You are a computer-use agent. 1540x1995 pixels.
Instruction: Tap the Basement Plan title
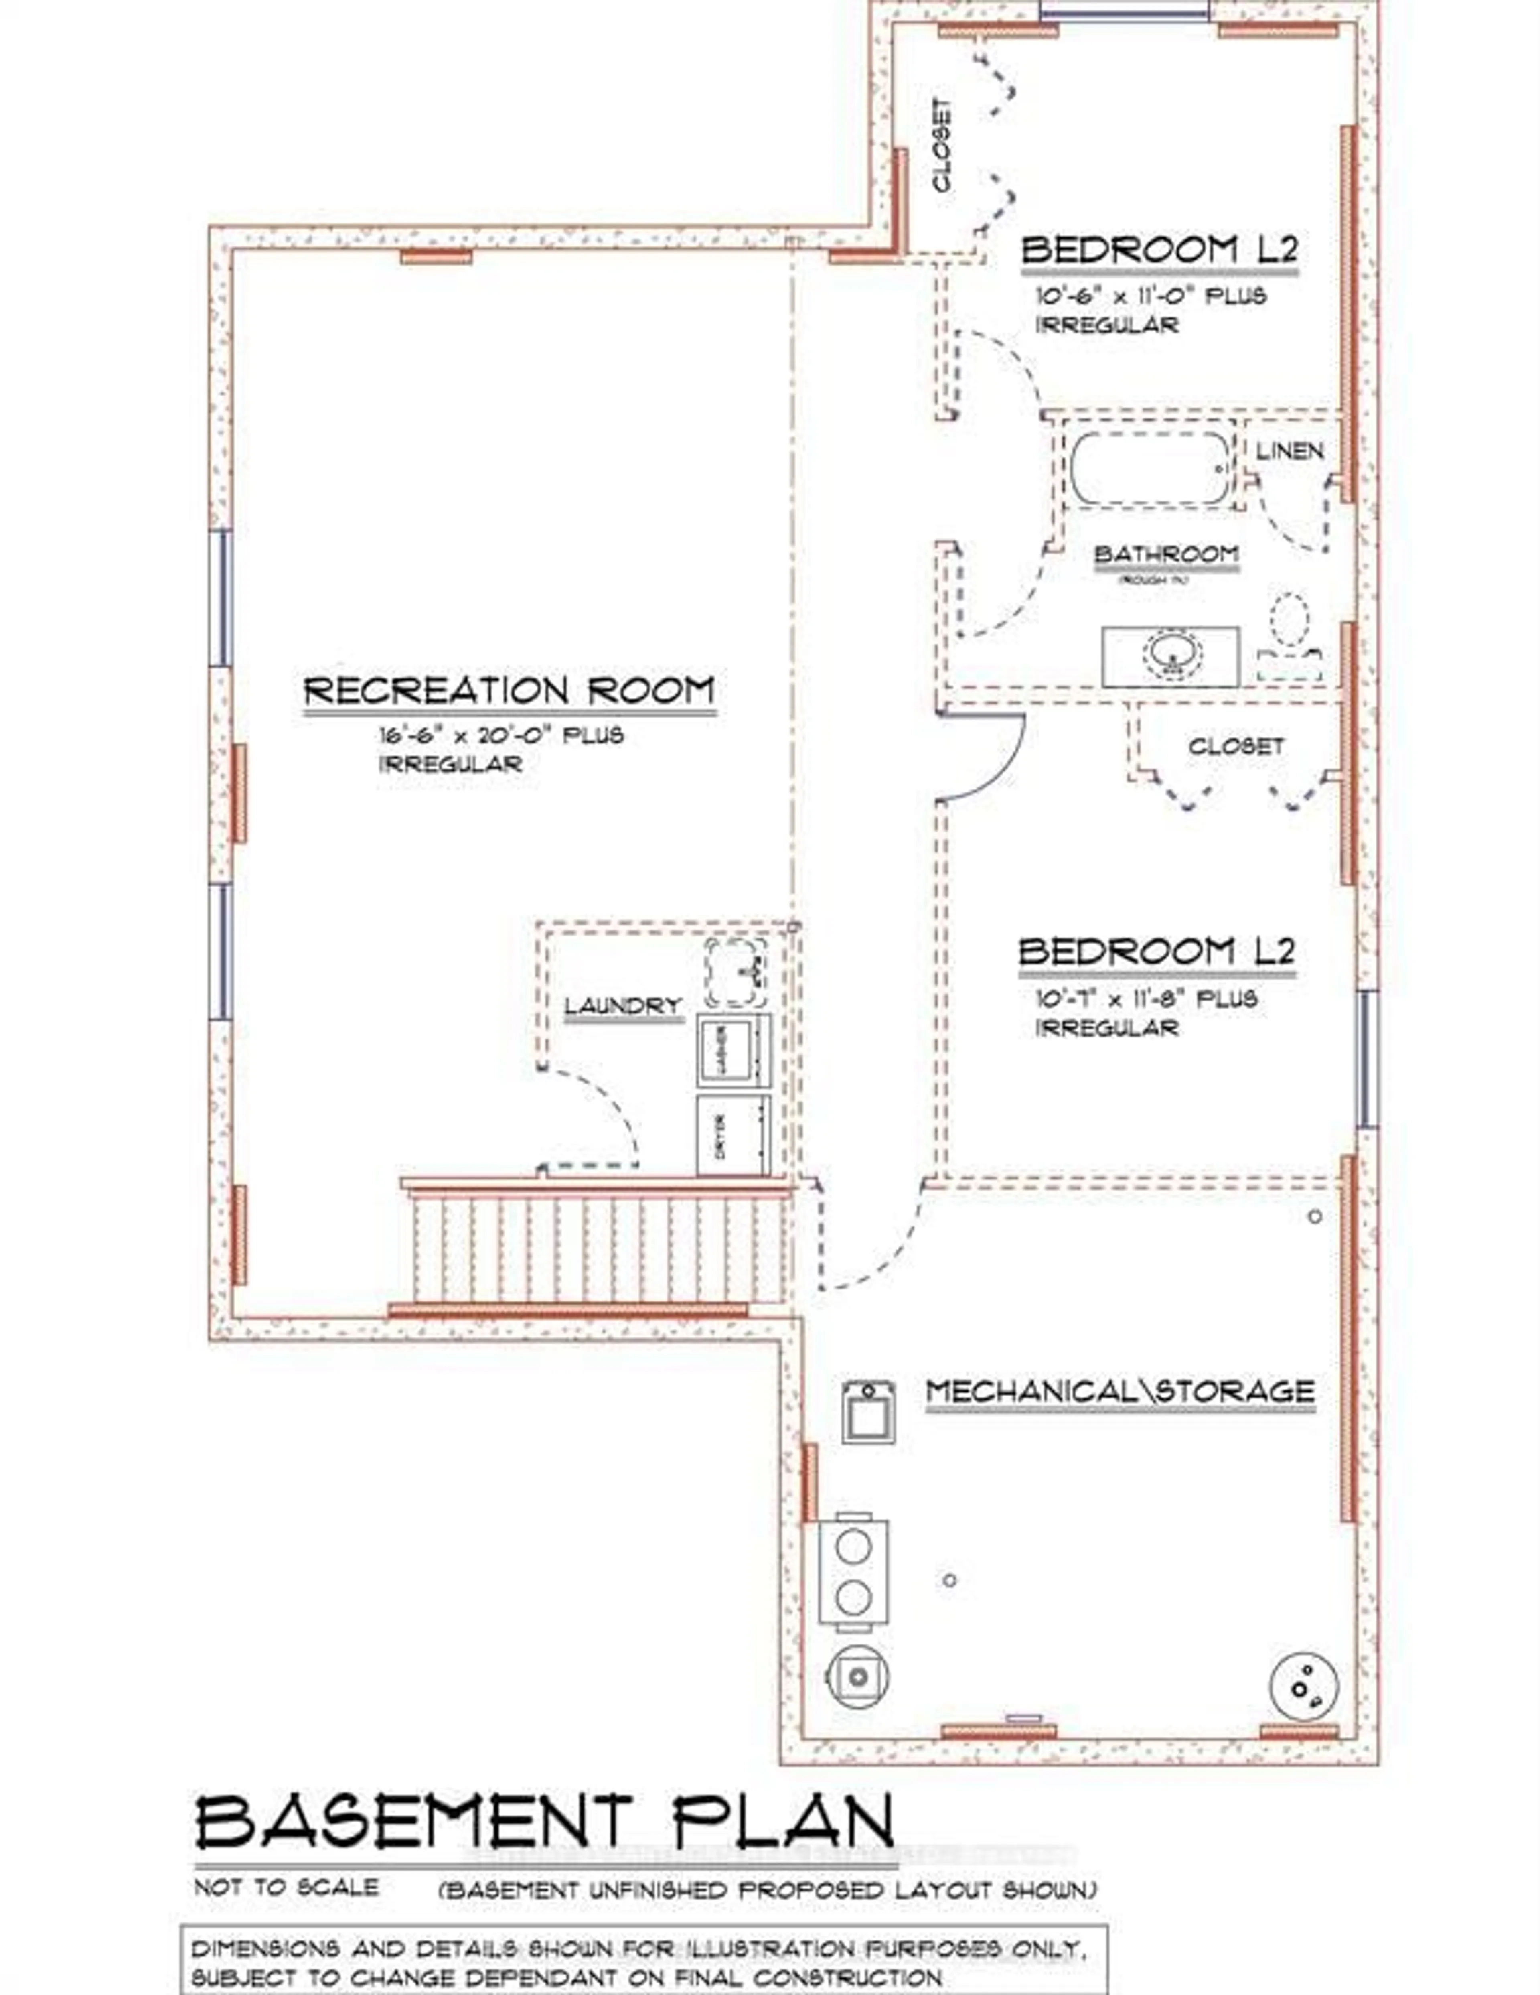point(544,1820)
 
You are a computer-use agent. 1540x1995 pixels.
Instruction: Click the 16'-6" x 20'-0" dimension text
point(501,735)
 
